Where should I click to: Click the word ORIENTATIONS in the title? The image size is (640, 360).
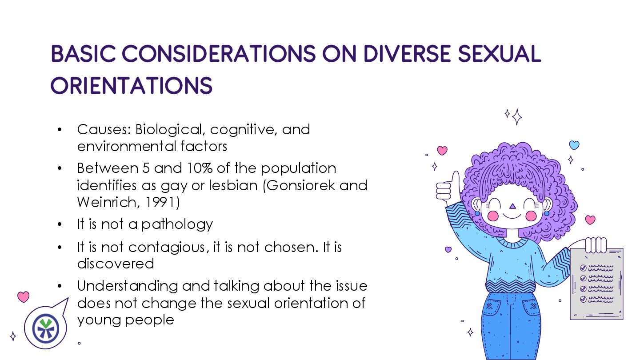[x=132, y=85]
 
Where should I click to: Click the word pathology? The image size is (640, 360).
[x=177, y=224]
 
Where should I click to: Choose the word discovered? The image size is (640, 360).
[x=116, y=263]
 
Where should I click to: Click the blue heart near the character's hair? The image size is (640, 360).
[x=574, y=145]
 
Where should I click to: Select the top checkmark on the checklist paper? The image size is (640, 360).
[x=583, y=268]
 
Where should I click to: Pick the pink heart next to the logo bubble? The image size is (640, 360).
[x=23, y=296]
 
